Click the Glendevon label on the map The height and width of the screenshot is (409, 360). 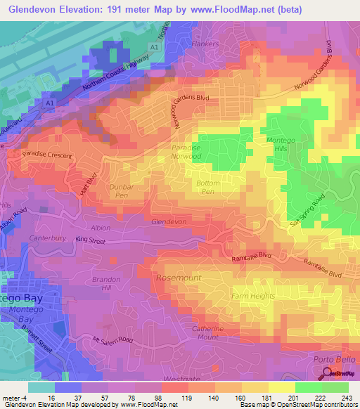click(169, 221)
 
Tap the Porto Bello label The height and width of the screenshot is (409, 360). click(328, 360)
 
